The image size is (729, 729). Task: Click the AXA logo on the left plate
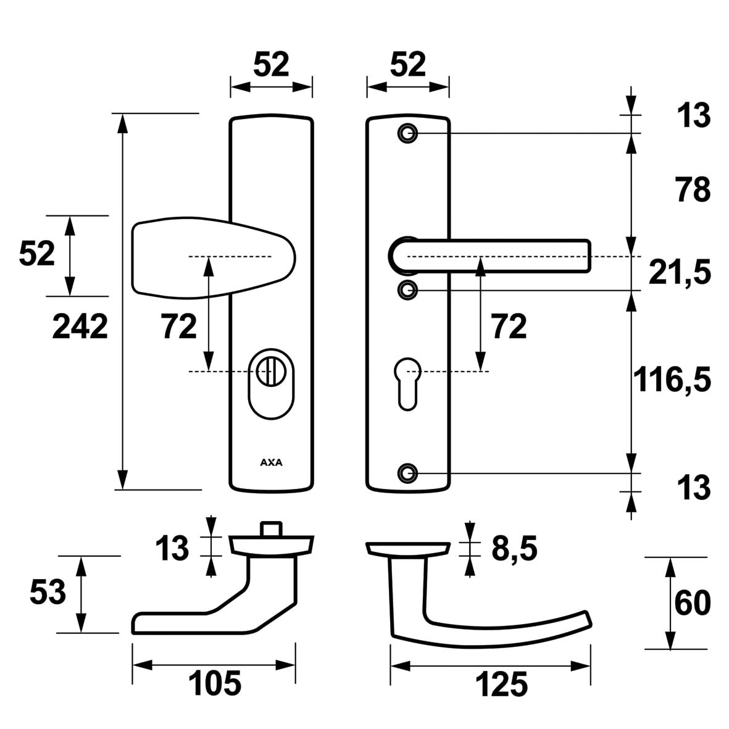pos(271,462)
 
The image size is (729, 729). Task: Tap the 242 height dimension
pos(80,327)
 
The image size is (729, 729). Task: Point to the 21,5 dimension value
pos(680,272)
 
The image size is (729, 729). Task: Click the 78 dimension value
pos(693,190)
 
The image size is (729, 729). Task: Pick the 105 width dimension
pos(214,684)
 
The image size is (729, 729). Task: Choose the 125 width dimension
pos(501,684)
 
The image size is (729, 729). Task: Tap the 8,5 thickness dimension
pos(514,548)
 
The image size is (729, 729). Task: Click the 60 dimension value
pos(693,603)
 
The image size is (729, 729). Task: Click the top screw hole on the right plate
pos(407,133)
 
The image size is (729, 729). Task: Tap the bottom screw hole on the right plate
pos(407,473)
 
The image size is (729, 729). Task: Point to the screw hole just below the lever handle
pos(407,289)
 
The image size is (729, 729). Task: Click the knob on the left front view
pos(210,256)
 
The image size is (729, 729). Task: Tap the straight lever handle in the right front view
pos(494,255)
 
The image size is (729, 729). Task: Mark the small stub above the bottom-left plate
pos(271,529)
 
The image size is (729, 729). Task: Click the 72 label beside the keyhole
pos(509,327)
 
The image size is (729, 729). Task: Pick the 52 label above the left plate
pos(272,64)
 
